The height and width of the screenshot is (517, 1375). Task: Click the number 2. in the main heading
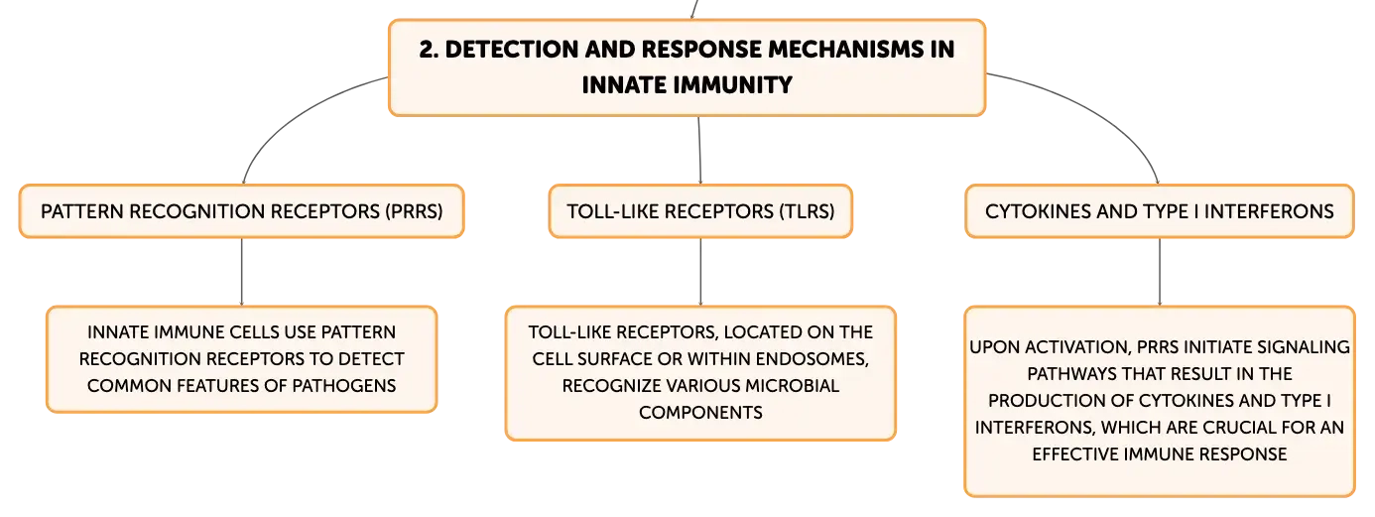[429, 50]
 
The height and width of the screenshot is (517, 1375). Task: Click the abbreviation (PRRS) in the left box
[414, 211]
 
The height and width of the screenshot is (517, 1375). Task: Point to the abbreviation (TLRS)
[807, 211]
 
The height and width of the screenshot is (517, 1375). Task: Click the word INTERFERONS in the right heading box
[1269, 211]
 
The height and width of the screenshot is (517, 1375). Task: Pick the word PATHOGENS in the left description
[343, 386]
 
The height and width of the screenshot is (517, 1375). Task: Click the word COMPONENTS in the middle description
[700, 413]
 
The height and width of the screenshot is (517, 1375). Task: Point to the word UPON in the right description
[994, 347]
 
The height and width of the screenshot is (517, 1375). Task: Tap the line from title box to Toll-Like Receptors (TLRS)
[699, 150]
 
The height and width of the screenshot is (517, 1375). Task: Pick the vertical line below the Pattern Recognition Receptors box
[242, 271]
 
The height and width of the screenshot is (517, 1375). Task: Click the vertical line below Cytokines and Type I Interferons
[1160, 271]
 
